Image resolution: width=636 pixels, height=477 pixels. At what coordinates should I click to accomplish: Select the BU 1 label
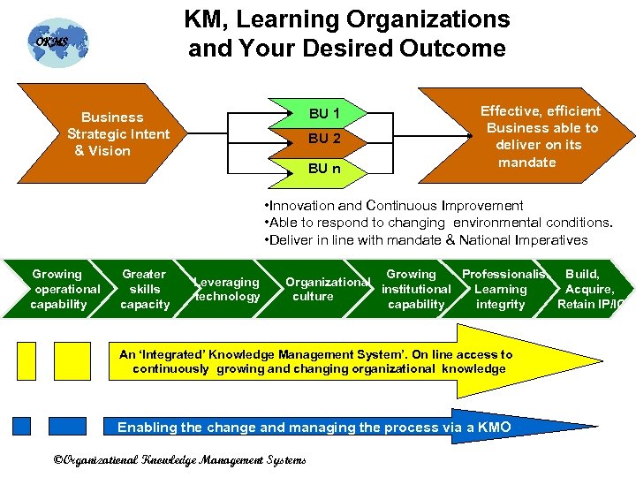click(x=324, y=113)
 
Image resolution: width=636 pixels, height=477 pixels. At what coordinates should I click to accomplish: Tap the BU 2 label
click(x=324, y=139)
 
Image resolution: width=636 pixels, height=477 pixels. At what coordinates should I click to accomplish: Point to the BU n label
click(x=324, y=167)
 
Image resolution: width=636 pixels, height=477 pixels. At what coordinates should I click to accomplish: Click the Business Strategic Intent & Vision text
click(x=112, y=133)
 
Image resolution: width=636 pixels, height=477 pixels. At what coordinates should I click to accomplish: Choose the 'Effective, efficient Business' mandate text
click(x=540, y=136)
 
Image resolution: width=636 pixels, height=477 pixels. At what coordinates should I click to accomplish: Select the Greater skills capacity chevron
click(x=145, y=289)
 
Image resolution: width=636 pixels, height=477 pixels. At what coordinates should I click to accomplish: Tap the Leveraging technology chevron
click(x=227, y=289)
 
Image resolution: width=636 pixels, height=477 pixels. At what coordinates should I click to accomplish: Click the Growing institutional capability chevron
click(x=415, y=289)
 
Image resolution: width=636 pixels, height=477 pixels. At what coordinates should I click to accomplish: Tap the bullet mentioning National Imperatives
click(x=425, y=240)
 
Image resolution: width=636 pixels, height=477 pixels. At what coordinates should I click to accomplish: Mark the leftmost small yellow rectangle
click(x=26, y=361)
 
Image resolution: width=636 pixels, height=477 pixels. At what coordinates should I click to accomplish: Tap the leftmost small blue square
click(x=21, y=428)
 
